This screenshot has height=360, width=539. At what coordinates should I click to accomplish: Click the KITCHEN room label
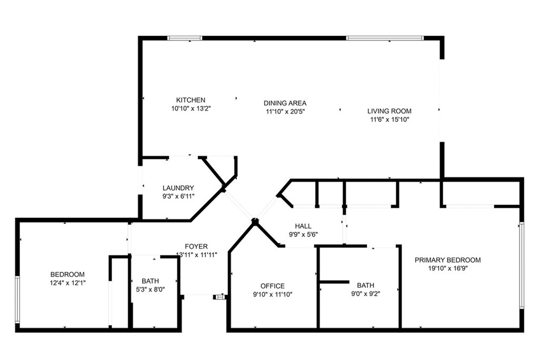(191, 100)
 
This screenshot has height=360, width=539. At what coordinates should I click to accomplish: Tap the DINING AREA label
(285, 103)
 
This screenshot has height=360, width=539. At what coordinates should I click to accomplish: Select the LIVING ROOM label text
(389, 111)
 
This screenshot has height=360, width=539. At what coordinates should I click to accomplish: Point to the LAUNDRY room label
(178, 188)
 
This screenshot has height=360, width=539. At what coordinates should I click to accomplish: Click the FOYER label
(196, 246)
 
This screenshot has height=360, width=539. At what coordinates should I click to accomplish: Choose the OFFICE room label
(272, 286)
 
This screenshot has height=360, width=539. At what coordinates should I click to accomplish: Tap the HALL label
(303, 226)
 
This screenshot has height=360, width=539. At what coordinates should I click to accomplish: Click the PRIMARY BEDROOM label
(447, 260)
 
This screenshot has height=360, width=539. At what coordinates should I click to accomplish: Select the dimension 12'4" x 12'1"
(67, 283)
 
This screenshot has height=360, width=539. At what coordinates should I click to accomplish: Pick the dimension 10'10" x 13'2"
(191, 108)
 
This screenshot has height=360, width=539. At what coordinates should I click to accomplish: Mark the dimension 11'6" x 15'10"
(389, 119)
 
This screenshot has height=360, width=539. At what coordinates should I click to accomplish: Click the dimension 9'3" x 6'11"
(178, 196)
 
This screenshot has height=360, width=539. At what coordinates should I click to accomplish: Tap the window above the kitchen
(185, 38)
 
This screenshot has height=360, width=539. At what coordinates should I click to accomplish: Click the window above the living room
(385, 38)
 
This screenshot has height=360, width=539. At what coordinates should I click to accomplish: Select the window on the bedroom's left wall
(17, 299)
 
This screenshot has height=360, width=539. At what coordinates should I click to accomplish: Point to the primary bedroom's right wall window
(522, 265)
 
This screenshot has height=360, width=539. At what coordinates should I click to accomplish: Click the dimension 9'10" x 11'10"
(272, 295)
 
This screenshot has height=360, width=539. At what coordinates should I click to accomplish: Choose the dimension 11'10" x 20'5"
(285, 112)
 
